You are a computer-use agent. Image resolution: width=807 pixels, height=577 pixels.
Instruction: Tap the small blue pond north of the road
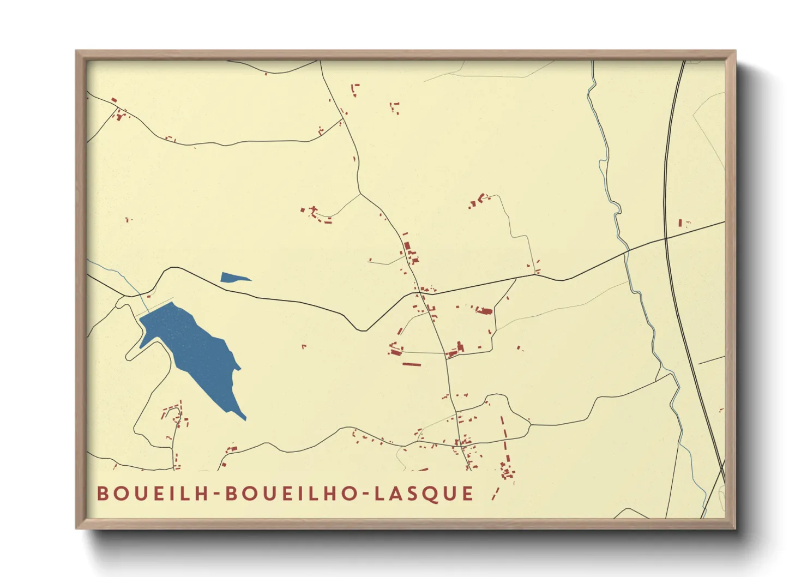pos(233,278)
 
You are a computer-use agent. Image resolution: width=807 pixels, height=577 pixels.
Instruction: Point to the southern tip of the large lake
pos(244,418)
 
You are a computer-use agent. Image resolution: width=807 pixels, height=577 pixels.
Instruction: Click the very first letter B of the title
pos(103,494)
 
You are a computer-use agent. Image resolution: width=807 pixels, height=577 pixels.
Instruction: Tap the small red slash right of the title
pos(495,494)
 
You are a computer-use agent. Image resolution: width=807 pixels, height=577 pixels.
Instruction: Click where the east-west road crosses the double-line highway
pos(666,238)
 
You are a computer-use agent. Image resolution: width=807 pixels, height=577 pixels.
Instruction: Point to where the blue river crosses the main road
pos(627,252)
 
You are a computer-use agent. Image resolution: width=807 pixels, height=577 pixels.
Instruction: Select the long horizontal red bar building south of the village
pos(412,364)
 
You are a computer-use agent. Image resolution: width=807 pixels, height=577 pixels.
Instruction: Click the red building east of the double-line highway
pos(680,223)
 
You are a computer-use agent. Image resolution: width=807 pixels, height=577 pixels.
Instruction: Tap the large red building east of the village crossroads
pos(484,311)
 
